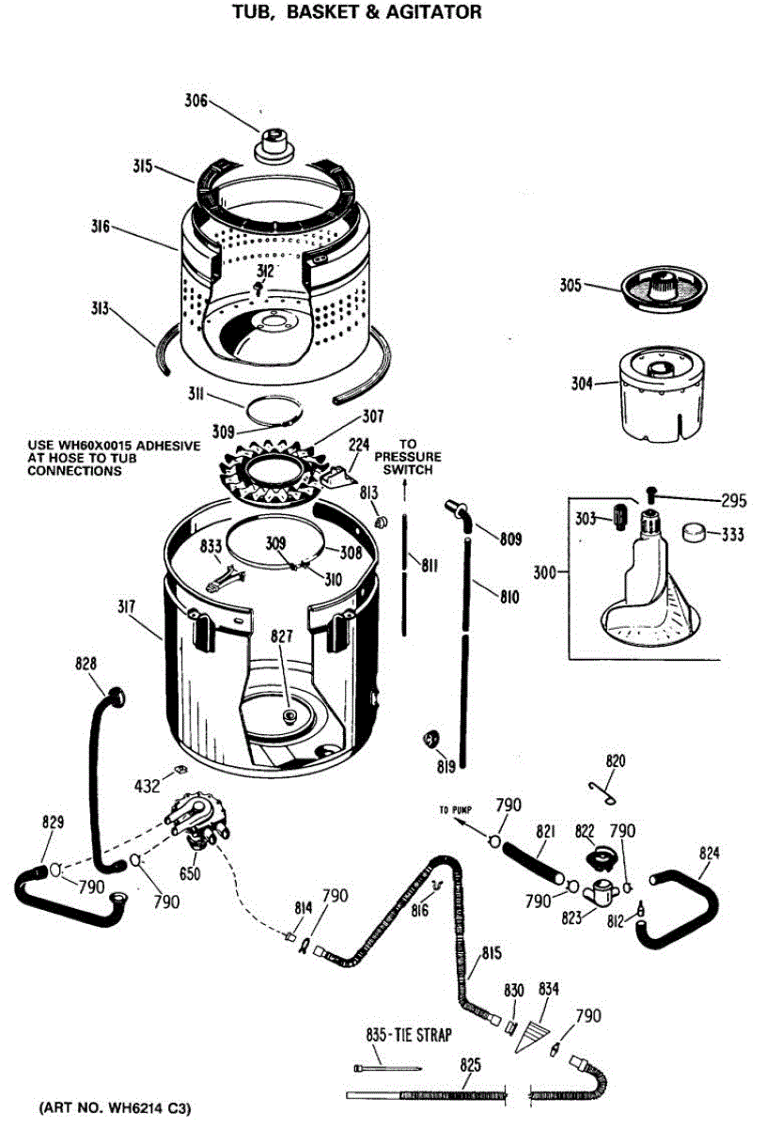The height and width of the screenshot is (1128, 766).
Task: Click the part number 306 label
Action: (195, 102)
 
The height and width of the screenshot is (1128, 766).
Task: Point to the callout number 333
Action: (733, 535)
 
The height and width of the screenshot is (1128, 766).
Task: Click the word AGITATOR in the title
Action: (432, 12)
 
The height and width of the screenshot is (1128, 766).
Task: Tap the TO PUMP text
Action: (456, 809)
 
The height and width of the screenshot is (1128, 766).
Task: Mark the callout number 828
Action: (86, 665)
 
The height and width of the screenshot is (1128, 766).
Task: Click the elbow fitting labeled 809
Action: (457, 509)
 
